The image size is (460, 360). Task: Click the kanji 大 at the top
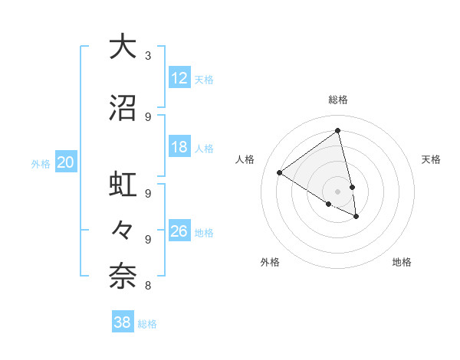click(122, 47)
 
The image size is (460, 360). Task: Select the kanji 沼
click(122, 108)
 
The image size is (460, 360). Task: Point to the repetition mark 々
click(122, 229)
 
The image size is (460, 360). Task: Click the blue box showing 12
click(179, 78)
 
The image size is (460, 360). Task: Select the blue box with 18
click(179, 147)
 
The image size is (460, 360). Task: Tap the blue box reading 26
click(179, 231)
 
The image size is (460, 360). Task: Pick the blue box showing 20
click(66, 162)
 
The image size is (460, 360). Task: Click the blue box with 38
click(123, 322)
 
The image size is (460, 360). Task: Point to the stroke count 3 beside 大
click(148, 56)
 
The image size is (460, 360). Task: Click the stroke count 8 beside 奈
click(148, 286)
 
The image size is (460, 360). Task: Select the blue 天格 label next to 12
click(204, 80)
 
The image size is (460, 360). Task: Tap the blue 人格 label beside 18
click(204, 149)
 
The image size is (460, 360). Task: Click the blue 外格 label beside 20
click(41, 164)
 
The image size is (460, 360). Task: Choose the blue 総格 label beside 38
click(147, 324)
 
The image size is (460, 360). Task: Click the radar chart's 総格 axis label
click(338, 100)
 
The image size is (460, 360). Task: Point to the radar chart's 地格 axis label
click(402, 262)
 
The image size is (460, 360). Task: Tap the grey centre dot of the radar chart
click(338, 191)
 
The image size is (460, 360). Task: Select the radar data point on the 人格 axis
click(279, 173)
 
